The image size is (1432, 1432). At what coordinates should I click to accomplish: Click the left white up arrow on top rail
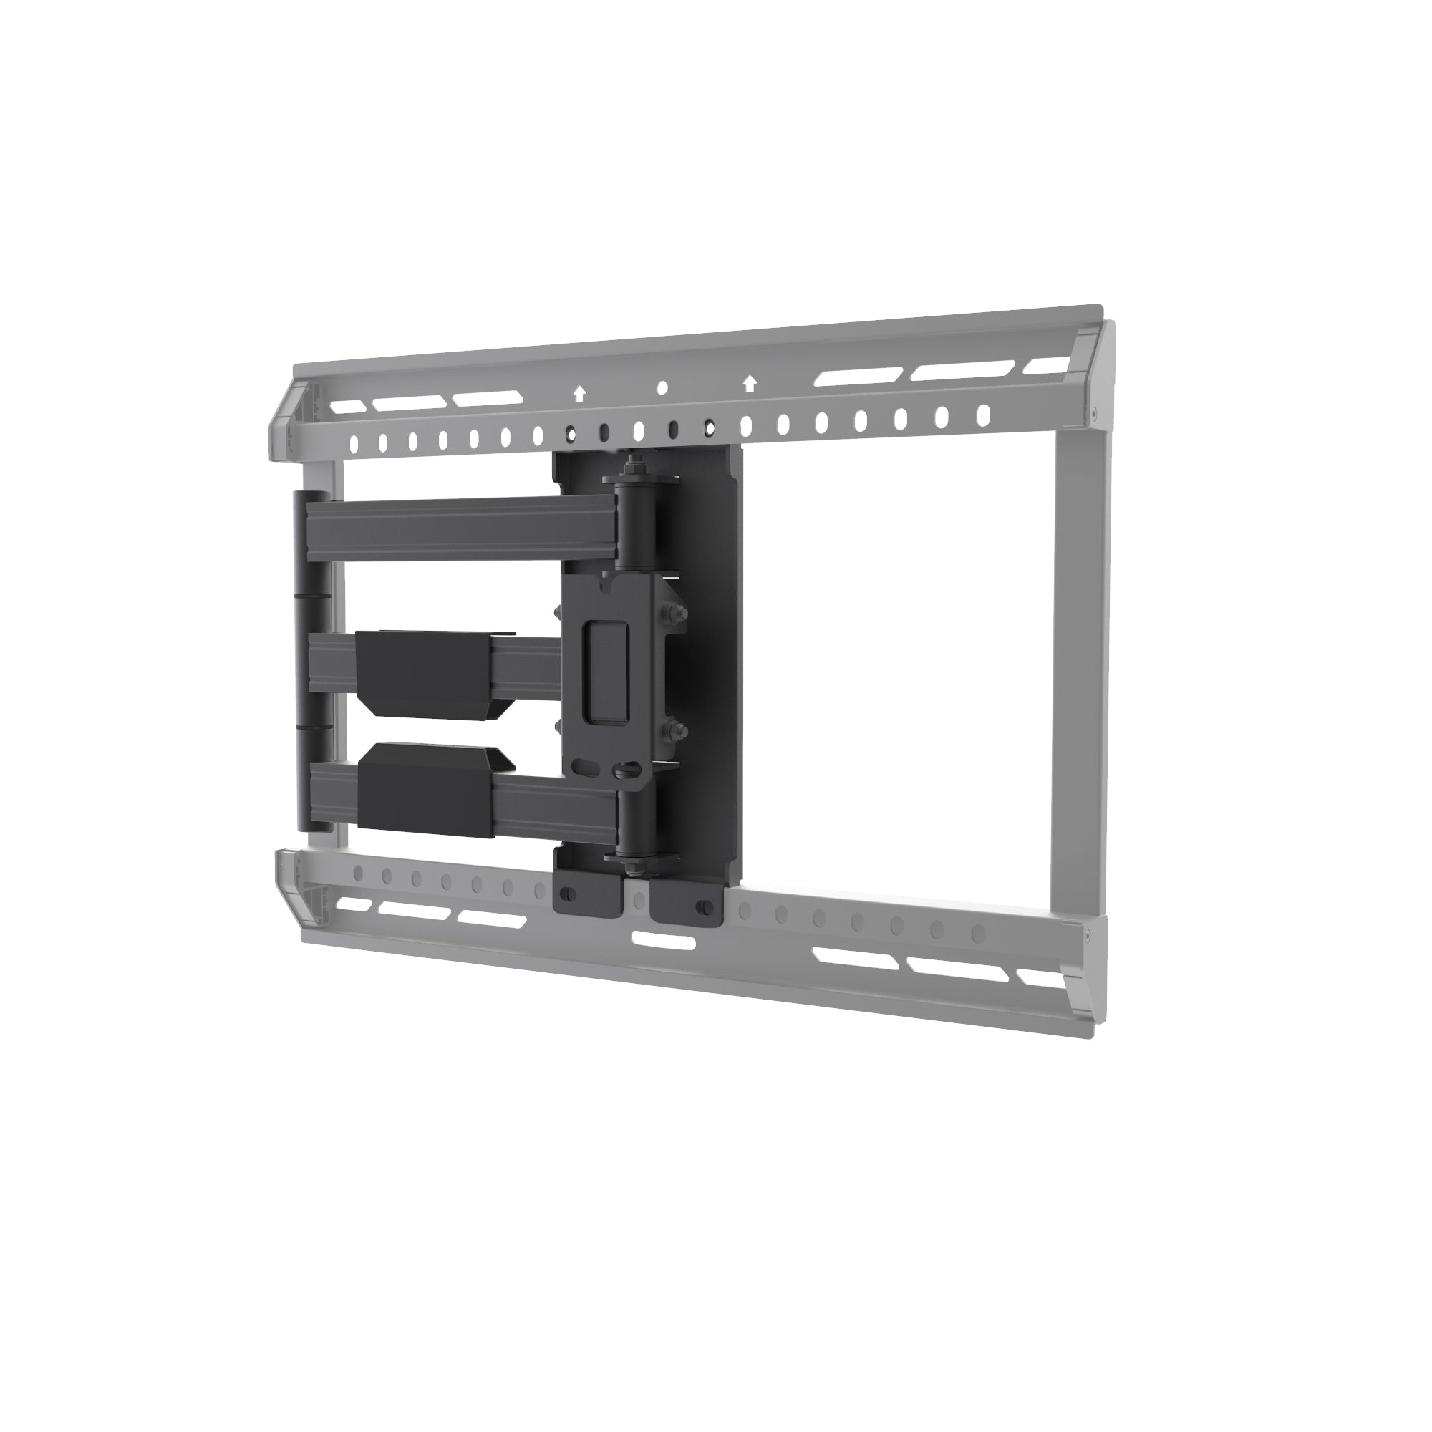[579, 395]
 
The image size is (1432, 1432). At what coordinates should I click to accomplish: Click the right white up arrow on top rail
[750, 384]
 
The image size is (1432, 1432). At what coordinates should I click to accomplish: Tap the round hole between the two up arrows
[662, 387]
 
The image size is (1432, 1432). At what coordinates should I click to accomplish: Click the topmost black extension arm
[460, 530]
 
